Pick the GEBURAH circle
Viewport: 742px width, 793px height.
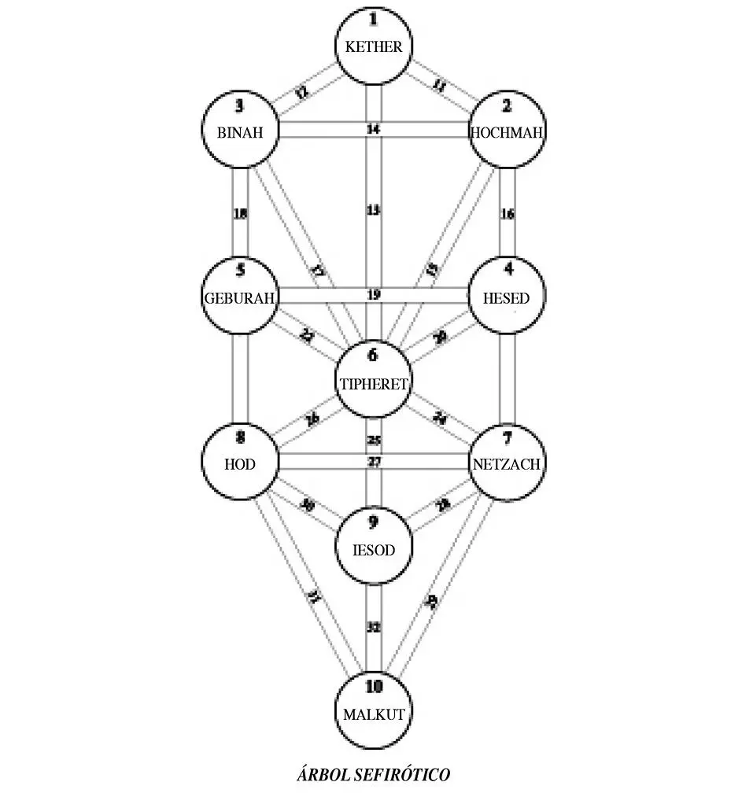click(x=239, y=297)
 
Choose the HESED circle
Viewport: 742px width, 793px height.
click(x=507, y=297)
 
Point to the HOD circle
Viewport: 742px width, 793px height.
click(x=239, y=464)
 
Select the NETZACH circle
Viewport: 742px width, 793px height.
click(x=507, y=464)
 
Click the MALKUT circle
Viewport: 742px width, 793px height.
click(x=373, y=713)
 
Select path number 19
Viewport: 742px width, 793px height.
click(x=373, y=295)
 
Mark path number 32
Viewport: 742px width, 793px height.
click(x=373, y=627)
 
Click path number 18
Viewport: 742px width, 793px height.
click(x=241, y=213)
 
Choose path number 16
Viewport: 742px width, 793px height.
click(x=508, y=213)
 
